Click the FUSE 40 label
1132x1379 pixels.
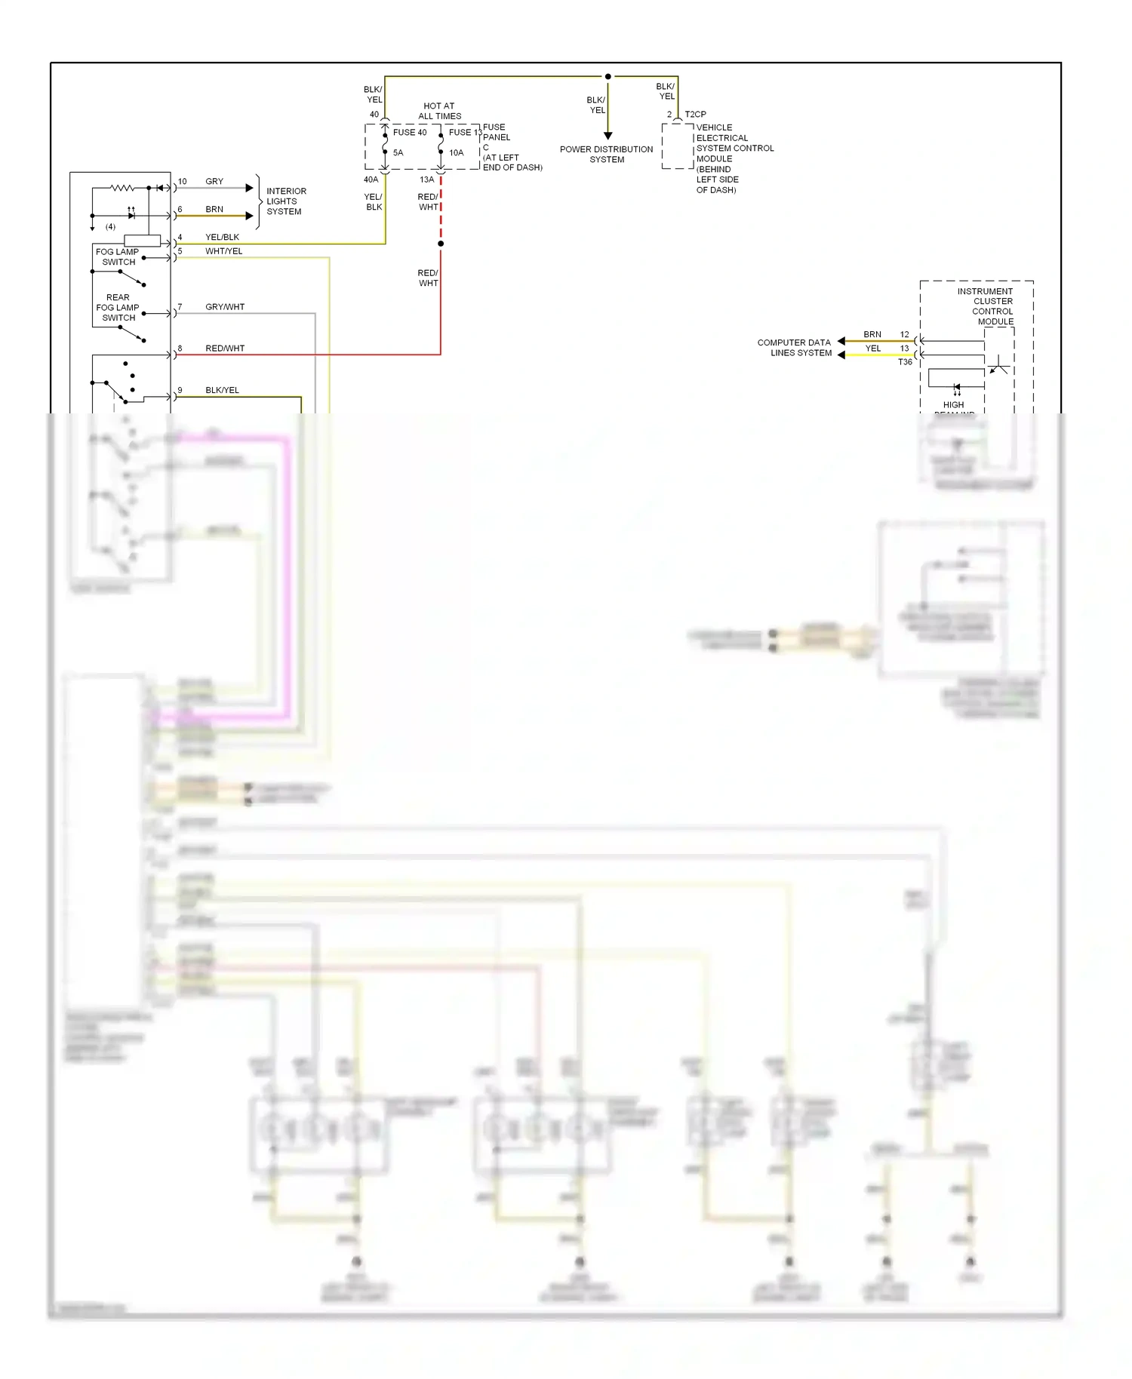click(409, 133)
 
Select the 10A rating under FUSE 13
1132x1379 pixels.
click(457, 153)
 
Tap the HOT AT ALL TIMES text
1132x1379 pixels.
click(440, 112)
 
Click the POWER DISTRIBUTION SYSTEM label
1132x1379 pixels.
click(607, 155)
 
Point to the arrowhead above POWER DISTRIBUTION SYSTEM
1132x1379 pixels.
click(608, 136)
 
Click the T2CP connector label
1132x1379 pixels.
click(695, 115)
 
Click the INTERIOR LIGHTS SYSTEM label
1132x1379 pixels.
click(285, 201)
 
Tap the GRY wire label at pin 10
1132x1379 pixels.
click(214, 182)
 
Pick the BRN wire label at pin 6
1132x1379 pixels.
click(214, 210)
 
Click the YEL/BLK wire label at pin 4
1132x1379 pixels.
click(222, 238)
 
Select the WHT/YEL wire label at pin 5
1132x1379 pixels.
click(224, 251)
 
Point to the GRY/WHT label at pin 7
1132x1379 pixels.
click(225, 307)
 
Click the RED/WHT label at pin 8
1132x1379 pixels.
click(225, 349)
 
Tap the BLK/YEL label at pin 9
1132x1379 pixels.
click(222, 391)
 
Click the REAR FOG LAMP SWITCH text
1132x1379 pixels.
click(118, 308)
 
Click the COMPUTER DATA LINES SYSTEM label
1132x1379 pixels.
click(794, 348)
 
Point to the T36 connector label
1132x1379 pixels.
click(905, 362)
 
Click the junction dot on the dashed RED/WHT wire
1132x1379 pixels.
click(441, 244)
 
